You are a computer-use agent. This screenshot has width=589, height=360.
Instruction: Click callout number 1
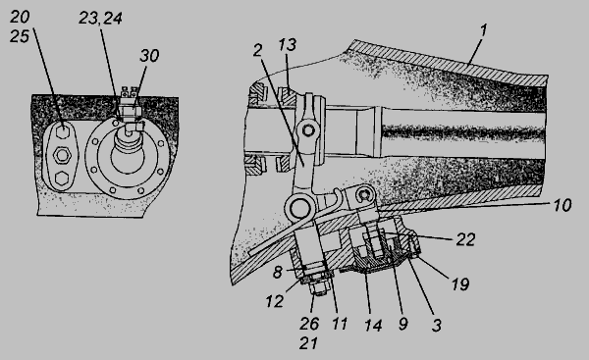coord(483,30)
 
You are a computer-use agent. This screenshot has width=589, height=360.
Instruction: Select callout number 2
coord(257,50)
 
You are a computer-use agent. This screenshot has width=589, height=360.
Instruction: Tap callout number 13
coord(288,45)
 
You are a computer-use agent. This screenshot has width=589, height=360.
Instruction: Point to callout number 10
coord(562,205)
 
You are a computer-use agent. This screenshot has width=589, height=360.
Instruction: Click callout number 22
coord(465,239)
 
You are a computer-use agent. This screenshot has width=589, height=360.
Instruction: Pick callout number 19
coord(460,284)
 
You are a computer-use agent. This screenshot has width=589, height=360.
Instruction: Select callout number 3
coord(436,325)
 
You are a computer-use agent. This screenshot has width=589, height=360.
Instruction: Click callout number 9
coord(402,324)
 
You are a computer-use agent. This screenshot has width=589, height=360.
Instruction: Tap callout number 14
coord(373,325)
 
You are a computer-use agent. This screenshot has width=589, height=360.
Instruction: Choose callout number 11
coord(340,324)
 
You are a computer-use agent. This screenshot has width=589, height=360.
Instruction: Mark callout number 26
coord(309,324)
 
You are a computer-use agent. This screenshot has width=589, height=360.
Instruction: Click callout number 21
coord(308,343)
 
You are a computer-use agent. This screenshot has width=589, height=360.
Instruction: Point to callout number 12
coord(275,301)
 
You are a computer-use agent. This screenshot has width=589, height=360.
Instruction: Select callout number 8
coord(277,272)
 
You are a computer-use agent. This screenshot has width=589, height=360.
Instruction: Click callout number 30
coord(149,56)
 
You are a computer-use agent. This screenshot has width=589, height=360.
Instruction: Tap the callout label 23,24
coord(100,18)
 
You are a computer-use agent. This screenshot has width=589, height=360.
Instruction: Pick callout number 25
coord(20,36)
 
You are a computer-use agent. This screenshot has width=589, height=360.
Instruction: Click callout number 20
coord(20,17)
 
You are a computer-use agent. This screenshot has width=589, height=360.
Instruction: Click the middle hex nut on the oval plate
coord(62,155)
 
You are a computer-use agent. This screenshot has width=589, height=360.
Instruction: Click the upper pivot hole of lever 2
coord(308,130)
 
